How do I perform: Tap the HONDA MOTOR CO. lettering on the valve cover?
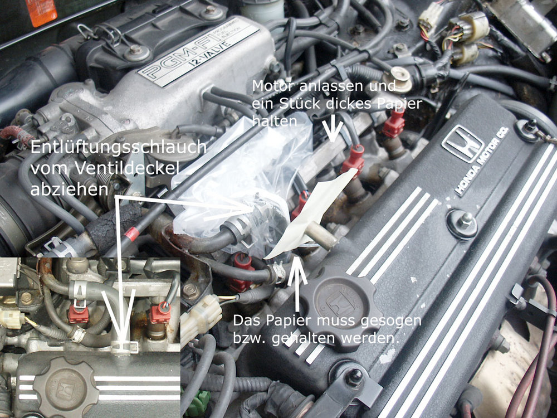click(x=482, y=162)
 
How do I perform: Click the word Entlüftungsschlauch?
click(x=118, y=147)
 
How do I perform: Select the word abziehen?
click(x=69, y=188)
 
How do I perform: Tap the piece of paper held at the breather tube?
click(x=312, y=213)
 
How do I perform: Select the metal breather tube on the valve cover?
click(x=320, y=236)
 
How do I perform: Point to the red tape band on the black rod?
click(x=132, y=234)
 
